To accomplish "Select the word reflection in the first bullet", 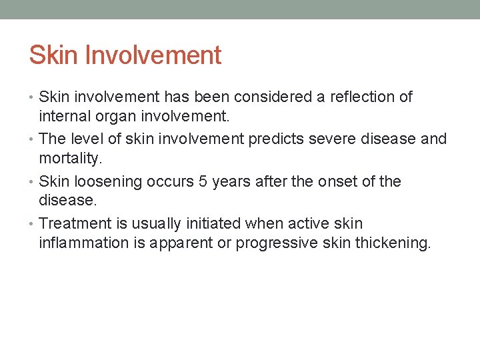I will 359,97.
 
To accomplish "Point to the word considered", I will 256,97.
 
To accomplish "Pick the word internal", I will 65,117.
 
